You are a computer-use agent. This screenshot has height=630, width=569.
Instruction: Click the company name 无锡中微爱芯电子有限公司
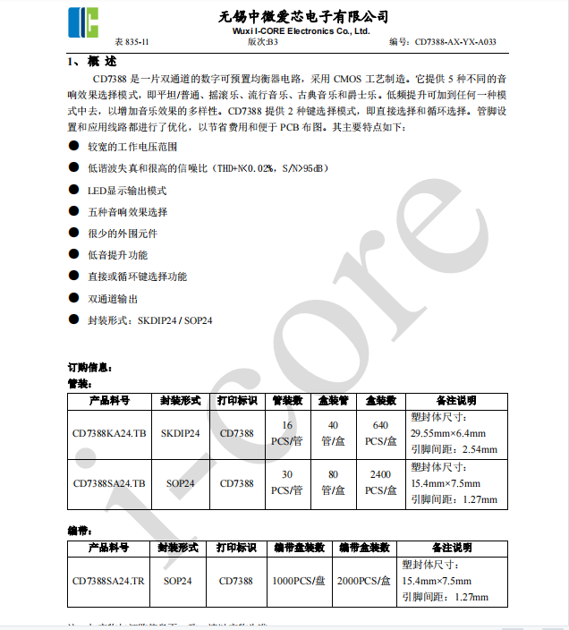pos(303,16)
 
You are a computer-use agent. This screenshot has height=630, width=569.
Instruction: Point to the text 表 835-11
pos(132,42)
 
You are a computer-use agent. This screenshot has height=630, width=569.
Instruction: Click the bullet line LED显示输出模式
pos(126,191)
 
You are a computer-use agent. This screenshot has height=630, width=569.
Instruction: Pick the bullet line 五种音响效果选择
pos(126,212)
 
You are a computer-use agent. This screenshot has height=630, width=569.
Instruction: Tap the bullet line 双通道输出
pos(113,299)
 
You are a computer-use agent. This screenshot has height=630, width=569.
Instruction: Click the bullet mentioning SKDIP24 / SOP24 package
pos(149,320)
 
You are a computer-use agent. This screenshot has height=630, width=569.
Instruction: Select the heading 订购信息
pos(89,368)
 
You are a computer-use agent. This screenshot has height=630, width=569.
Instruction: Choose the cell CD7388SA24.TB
pos(109,483)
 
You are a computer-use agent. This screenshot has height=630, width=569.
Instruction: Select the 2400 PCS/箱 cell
pos(380,483)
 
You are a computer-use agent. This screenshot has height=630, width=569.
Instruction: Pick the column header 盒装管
pos(333,400)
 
